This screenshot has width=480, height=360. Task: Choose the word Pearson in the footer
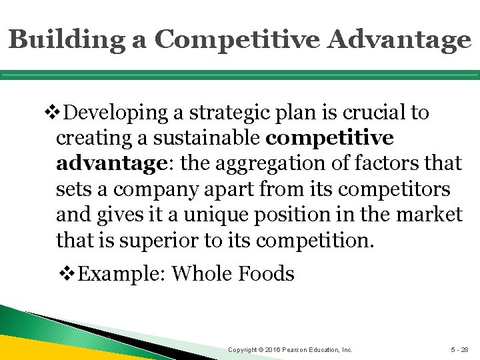[x=304, y=350]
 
